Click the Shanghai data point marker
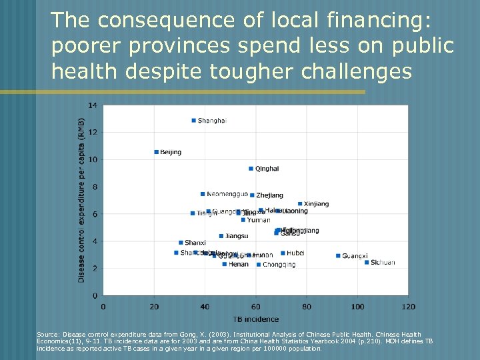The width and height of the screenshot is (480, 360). click(x=193, y=121)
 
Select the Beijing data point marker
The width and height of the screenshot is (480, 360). click(x=156, y=152)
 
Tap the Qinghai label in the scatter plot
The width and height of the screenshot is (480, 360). click(x=267, y=169)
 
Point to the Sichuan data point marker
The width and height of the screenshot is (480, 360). click(x=367, y=263)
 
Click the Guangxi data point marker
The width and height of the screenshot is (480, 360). click(x=338, y=256)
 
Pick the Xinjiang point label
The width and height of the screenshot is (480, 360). click(x=316, y=204)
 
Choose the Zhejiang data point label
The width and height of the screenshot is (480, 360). click(x=269, y=195)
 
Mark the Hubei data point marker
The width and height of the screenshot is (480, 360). click(x=283, y=253)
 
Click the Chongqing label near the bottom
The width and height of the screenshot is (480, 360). click(x=279, y=265)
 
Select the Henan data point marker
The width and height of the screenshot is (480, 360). click(x=225, y=264)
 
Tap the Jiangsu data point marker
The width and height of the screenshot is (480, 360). click(x=221, y=236)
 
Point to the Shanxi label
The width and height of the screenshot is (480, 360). click(x=195, y=243)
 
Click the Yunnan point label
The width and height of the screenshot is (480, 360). click(x=259, y=220)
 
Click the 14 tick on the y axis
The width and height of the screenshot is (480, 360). click(x=92, y=105)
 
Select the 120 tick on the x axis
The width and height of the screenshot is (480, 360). click(x=409, y=307)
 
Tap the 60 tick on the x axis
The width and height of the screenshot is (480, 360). click(x=255, y=307)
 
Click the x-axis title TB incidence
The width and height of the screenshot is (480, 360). click(x=256, y=319)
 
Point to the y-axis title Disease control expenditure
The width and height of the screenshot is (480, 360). click(x=81, y=200)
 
